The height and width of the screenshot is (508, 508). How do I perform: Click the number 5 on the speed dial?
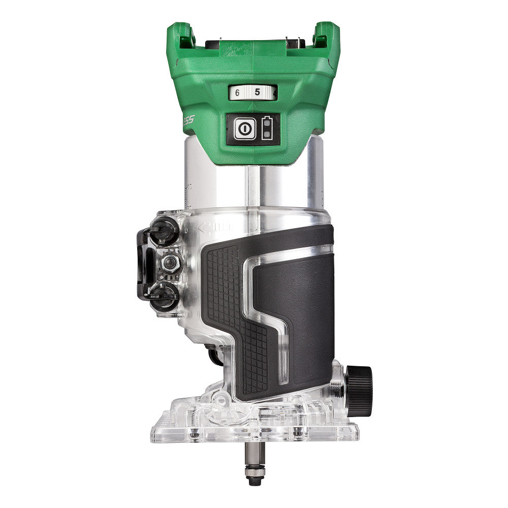[x=257, y=92]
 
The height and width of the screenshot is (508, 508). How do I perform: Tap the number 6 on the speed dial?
[x=237, y=93]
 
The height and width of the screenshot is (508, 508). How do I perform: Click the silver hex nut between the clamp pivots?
[x=170, y=262]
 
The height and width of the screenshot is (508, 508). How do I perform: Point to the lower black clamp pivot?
[x=165, y=294]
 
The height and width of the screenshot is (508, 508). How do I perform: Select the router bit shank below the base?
[x=253, y=454]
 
